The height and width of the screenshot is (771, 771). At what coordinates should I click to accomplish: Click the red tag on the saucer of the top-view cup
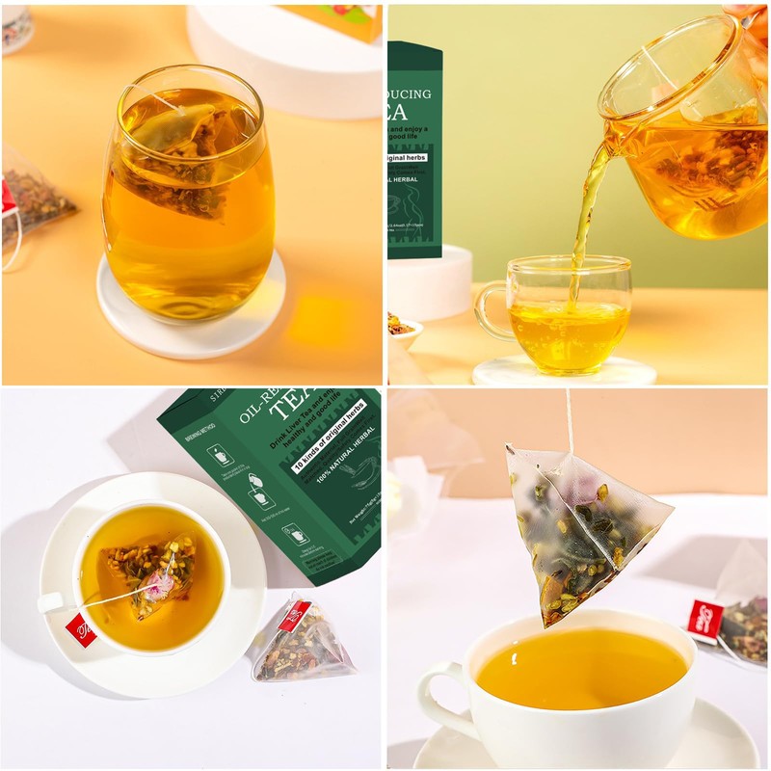(x=80, y=628)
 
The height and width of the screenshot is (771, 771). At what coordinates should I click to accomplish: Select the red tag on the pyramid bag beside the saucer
(x=294, y=615)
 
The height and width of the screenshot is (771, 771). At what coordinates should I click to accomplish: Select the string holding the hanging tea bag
(x=570, y=419)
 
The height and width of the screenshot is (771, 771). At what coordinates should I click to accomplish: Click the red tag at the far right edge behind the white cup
(x=705, y=617)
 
